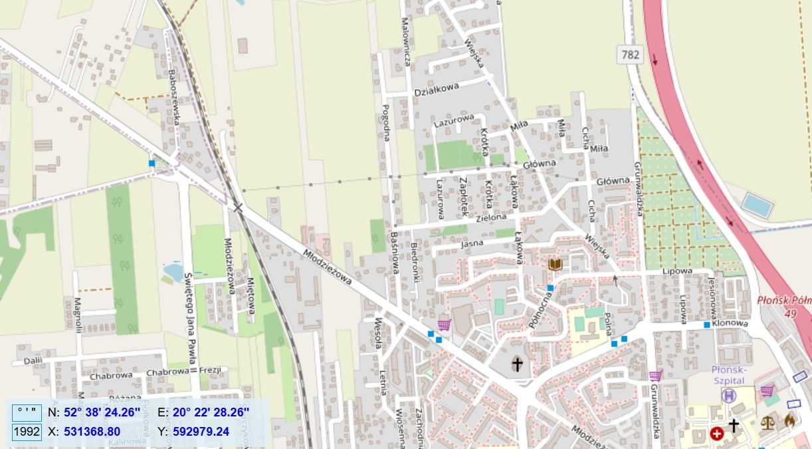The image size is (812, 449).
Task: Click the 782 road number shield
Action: click(x=631, y=54)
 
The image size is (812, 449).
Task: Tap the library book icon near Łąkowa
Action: click(x=556, y=265)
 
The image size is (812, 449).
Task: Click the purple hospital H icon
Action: click(x=729, y=396)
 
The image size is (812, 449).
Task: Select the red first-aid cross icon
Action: click(x=717, y=434)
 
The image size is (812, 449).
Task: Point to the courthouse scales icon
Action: click(x=767, y=422)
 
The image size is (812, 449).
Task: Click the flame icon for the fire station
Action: click(x=789, y=420)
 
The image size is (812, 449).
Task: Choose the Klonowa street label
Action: click(x=730, y=324)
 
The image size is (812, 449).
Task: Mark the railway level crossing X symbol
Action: click(x=238, y=208)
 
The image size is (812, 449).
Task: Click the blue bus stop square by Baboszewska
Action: click(x=152, y=163)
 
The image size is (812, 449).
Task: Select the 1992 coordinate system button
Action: click(x=27, y=432)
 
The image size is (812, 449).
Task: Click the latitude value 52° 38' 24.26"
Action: click(x=102, y=412)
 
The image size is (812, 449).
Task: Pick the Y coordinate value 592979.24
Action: click(x=201, y=432)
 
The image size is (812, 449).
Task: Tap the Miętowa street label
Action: click(x=251, y=295)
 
